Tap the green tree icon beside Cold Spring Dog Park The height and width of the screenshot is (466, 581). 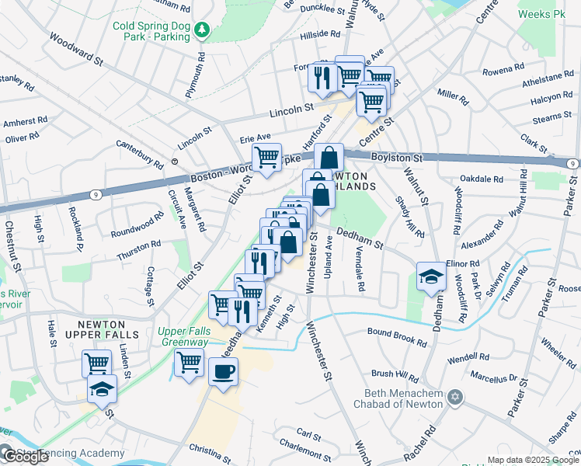pyautogui.click(x=202, y=30)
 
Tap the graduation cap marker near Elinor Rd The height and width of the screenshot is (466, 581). pyautogui.click(x=430, y=276)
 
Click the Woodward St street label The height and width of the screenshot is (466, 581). pyautogui.click(x=75, y=48)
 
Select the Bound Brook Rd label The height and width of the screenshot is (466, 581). pyautogui.click(x=397, y=338)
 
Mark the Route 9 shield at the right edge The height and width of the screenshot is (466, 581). pyautogui.click(x=571, y=164)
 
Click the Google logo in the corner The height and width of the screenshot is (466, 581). pyautogui.click(x=25, y=457)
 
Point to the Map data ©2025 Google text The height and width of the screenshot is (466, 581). pyautogui.click(x=533, y=460)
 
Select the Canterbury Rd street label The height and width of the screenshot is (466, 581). pyautogui.click(x=139, y=154)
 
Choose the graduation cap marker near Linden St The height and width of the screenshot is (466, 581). pyautogui.click(x=102, y=390)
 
